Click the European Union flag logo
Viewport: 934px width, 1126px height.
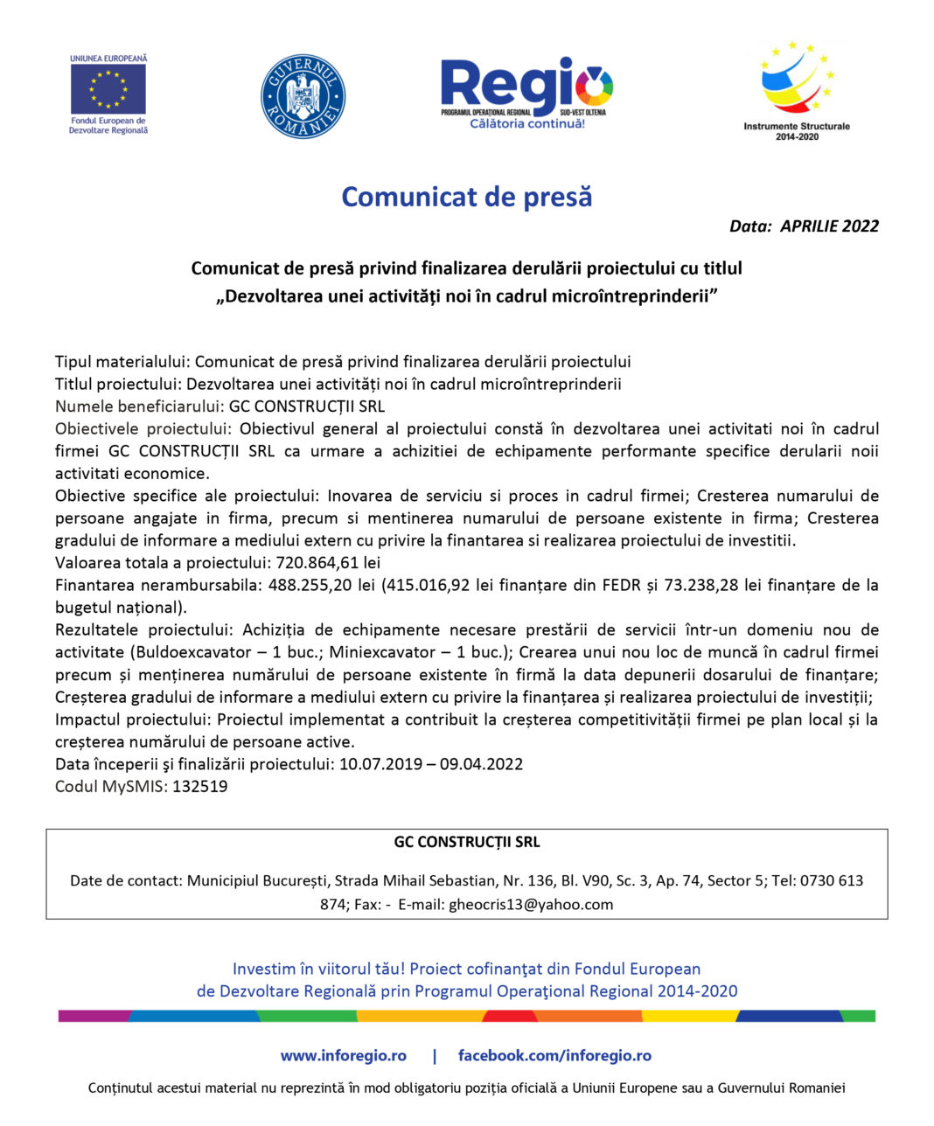point(108,90)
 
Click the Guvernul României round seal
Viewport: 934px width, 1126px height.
point(303,96)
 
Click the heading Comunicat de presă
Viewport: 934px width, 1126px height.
point(466,197)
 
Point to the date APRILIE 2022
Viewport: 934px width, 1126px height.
point(829,226)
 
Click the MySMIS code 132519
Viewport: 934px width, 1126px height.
point(200,786)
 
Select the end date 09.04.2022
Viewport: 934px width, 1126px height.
point(482,764)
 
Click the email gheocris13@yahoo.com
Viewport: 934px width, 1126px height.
point(531,905)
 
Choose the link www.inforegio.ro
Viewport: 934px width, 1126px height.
point(343,1056)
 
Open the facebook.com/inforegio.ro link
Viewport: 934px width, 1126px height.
point(554,1056)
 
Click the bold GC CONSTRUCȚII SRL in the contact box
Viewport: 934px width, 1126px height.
point(466,843)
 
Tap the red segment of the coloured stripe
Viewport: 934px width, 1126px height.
point(510,1016)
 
